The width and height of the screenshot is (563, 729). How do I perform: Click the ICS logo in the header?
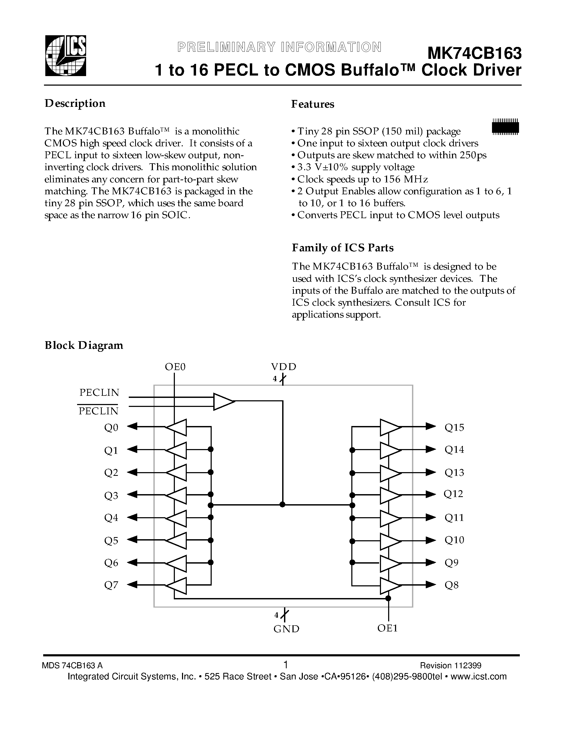coord(66,56)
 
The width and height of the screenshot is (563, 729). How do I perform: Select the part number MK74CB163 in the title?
coord(474,53)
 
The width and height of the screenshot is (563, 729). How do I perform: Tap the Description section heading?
coord(75,103)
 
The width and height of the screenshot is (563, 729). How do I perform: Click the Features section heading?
coord(313,104)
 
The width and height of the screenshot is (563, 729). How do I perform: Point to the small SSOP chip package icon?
coord(505,127)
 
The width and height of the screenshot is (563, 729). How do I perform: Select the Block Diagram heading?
coord(84,345)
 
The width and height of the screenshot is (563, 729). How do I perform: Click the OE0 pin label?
coord(175,367)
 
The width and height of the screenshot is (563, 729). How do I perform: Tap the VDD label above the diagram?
coord(283,367)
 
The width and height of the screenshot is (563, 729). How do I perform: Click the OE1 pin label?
coord(388,628)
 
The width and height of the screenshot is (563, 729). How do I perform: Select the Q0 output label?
coord(111,428)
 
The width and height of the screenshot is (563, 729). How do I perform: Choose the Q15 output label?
coord(454,428)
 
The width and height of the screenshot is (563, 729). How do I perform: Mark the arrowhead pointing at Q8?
coord(431,585)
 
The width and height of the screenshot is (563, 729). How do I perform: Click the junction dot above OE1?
coord(388,599)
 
